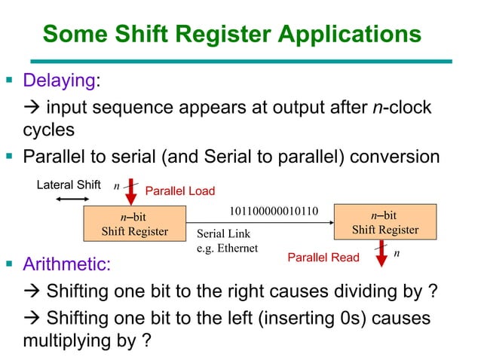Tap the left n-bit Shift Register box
(x=135, y=224)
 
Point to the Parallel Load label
(x=179, y=191)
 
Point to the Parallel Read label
(x=323, y=258)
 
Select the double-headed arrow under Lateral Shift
(x=72, y=199)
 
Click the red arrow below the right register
(x=381, y=252)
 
